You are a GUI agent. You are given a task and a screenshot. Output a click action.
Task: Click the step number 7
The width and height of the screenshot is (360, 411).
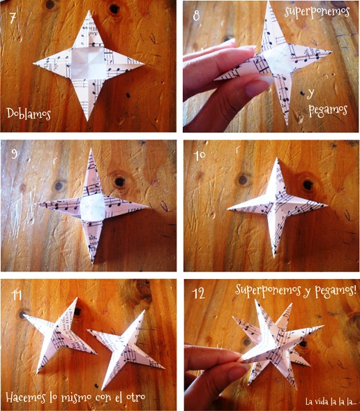point(13,18)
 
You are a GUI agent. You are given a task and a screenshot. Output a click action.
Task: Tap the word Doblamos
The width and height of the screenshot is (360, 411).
point(29,114)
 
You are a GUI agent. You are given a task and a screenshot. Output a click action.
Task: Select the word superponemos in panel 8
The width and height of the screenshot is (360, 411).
point(317,12)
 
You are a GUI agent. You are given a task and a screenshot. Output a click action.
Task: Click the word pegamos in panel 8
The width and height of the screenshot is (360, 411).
point(328,110)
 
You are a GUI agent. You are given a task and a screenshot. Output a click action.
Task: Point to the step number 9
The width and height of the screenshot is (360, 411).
point(15,154)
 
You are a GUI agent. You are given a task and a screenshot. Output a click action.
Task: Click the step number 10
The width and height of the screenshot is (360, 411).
point(200,155)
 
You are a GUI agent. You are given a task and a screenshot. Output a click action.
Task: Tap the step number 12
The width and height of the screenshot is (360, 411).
point(199,294)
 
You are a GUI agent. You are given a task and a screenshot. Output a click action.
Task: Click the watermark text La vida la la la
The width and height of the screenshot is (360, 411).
point(331,401)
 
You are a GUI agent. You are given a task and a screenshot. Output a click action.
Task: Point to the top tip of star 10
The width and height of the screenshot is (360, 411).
point(277,158)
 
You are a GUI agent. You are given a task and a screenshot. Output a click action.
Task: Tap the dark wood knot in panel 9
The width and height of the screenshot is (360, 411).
point(119,181)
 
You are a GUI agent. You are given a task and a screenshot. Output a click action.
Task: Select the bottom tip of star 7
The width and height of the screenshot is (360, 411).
point(87,120)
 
